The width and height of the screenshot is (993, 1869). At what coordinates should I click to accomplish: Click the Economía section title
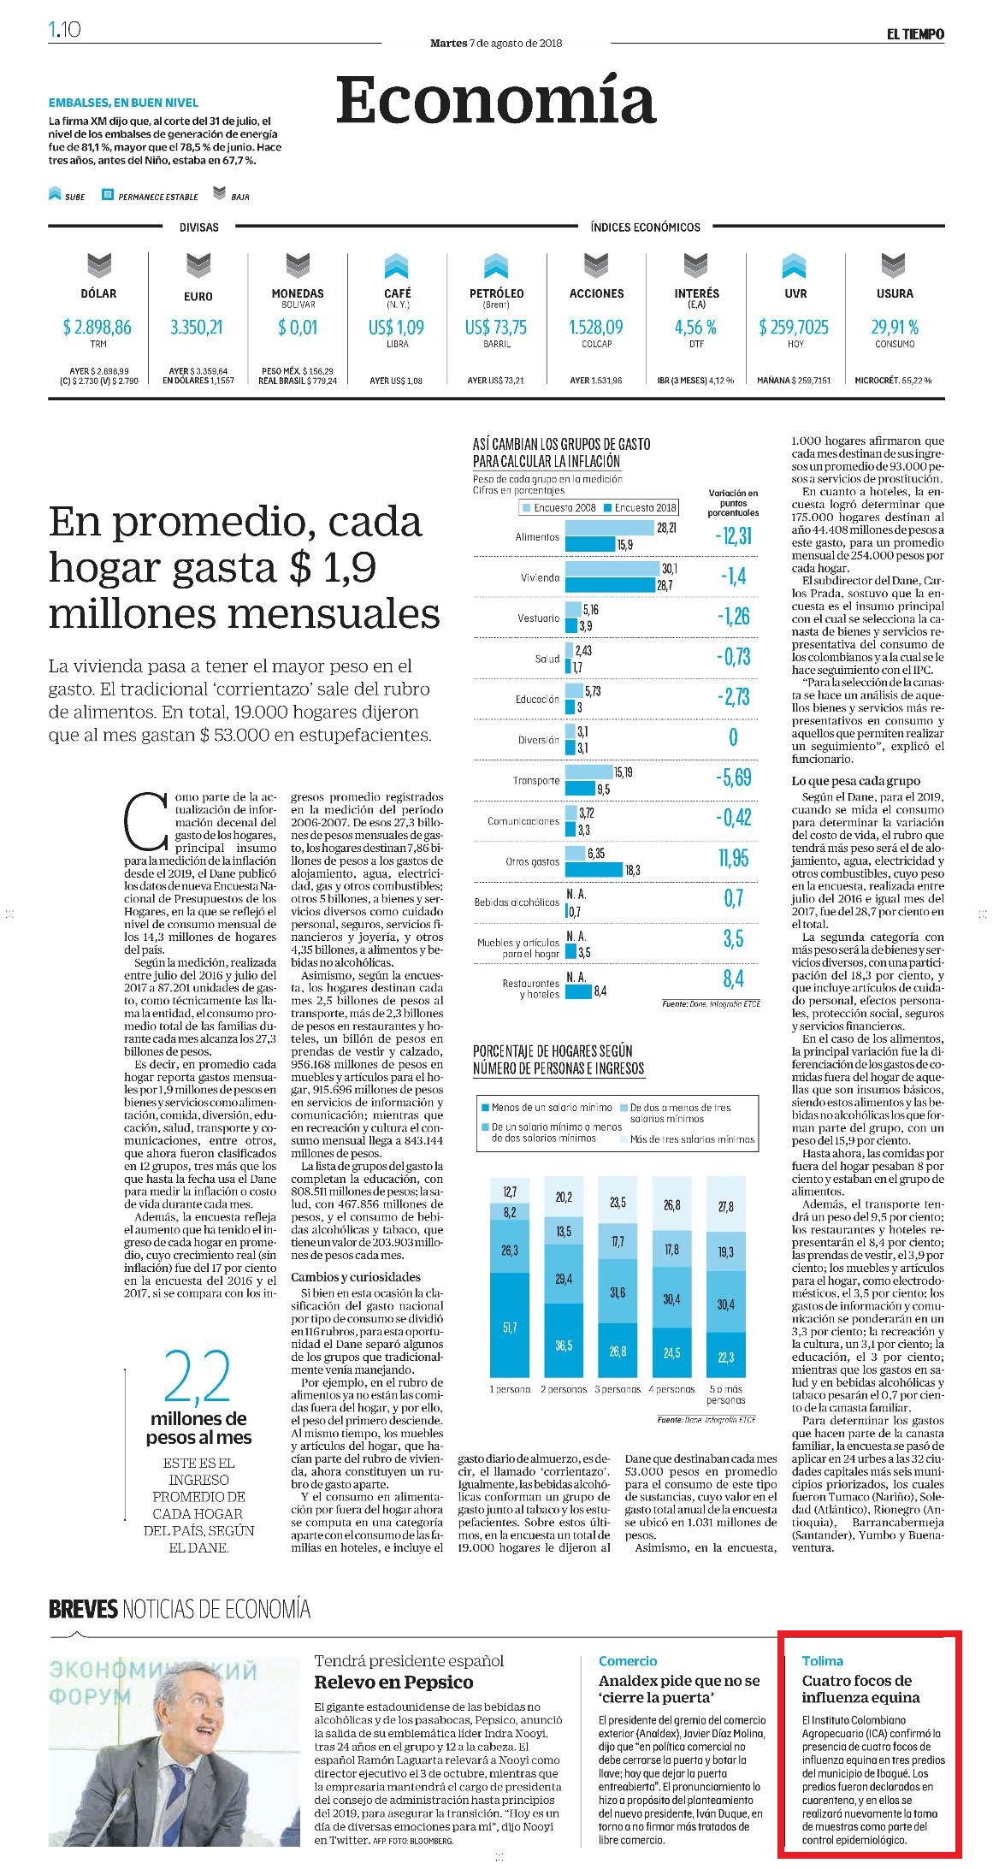(496, 100)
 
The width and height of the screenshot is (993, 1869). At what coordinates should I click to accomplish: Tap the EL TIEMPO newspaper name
(915, 33)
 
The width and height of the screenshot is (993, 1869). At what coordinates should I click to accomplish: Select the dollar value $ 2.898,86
(98, 327)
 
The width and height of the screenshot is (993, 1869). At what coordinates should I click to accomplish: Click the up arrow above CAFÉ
(397, 266)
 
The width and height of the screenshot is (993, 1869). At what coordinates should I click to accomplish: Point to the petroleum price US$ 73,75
(496, 327)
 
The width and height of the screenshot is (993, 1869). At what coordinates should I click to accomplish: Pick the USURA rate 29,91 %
(895, 327)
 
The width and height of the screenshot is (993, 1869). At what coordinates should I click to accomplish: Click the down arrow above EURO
(198, 266)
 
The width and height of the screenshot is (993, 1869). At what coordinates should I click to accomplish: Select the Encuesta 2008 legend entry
(559, 507)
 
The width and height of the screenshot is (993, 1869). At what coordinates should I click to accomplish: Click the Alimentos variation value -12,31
(733, 536)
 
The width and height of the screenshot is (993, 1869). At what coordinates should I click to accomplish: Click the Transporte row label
(536, 780)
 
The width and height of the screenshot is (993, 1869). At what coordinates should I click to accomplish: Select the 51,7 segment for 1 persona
(510, 1327)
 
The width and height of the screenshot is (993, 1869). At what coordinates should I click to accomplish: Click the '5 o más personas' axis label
(725, 1394)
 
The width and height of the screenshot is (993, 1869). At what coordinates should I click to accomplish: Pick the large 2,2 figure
(198, 1377)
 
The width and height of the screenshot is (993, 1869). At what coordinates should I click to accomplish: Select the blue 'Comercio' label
(628, 1660)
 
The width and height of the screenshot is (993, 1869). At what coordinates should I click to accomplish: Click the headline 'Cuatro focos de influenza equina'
(861, 1689)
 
